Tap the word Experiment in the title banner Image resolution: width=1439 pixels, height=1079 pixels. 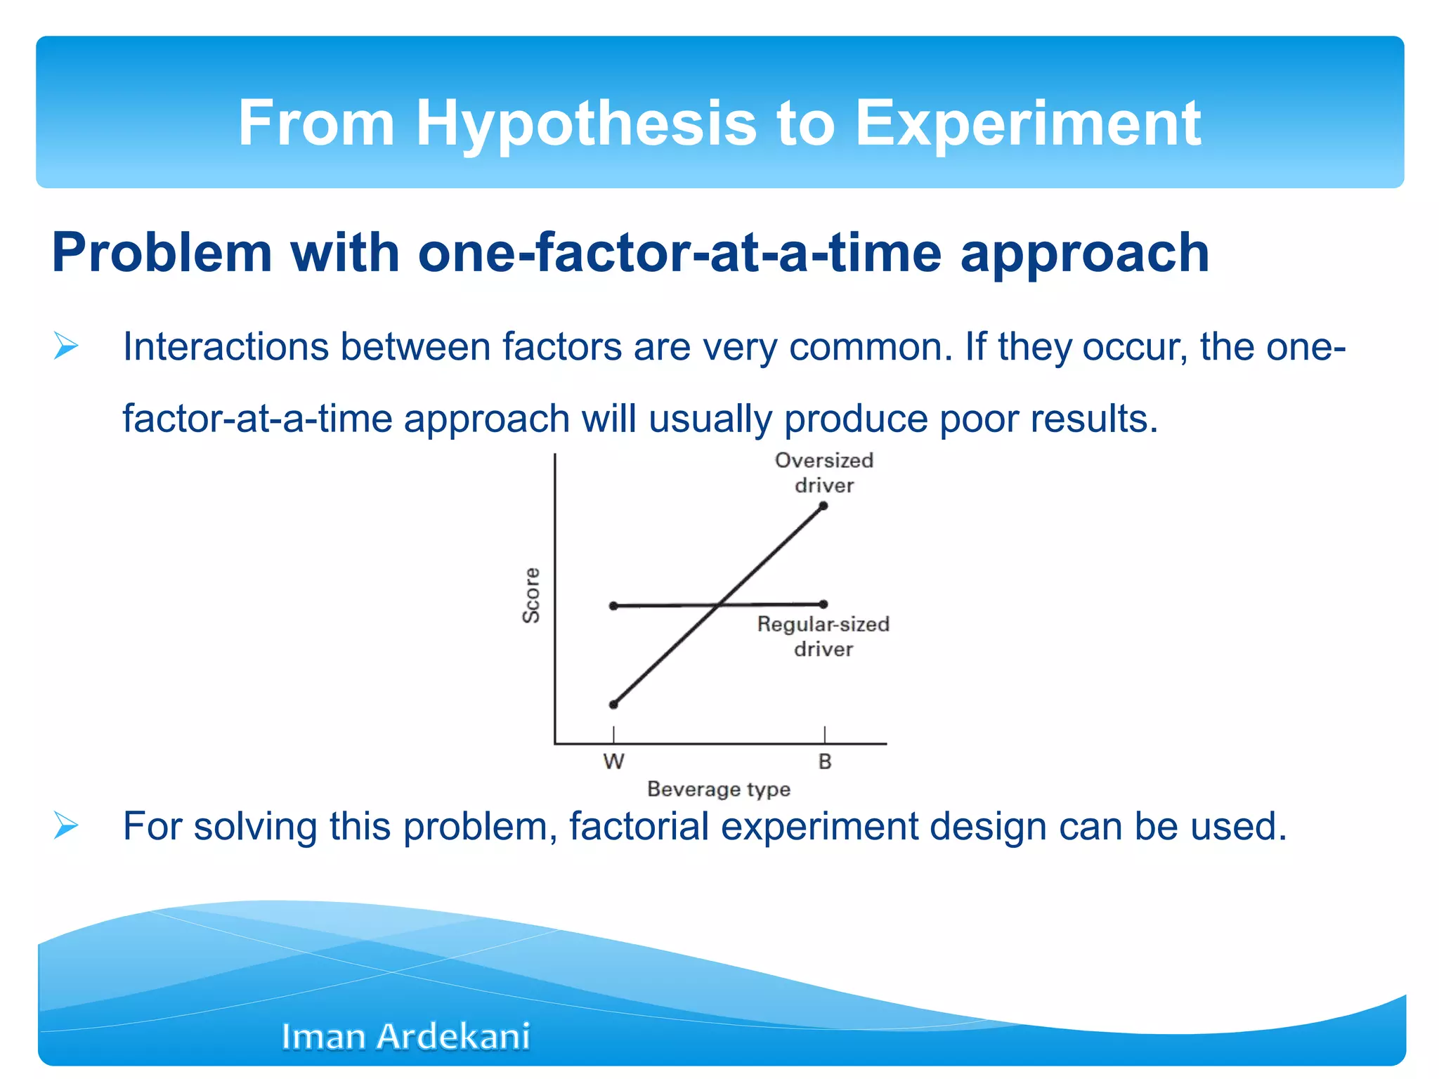pyautogui.click(x=1027, y=124)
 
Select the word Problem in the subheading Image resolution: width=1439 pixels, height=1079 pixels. pyautogui.click(x=162, y=253)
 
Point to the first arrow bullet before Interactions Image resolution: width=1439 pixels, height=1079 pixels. pyautogui.click(x=66, y=346)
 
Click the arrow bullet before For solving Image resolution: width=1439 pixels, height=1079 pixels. pyautogui.click(x=66, y=825)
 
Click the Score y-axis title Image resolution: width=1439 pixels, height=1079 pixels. pyautogui.click(x=532, y=595)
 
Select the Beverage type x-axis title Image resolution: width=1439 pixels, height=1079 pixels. pyautogui.click(x=718, y=789)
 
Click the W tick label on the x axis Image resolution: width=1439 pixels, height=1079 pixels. pyautogui.click(x=613, y=761)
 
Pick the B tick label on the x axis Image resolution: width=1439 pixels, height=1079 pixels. pyautogui.click(x=825, y=761)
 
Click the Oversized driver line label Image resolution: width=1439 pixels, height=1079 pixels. pyautogui.click(x=824, y=473)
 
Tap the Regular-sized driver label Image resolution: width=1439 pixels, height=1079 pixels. pyautogui.click(x=823, y=636)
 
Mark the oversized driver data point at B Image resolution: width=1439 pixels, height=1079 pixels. pyautogui.click(x=823, y=506)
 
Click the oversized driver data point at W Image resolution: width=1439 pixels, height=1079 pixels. pyautogui.click(x=613, y=705)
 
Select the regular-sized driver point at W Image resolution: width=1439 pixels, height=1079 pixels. pyautogui.click(x=613, y=606)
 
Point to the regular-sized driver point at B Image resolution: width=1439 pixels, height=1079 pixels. pyautogui.click(x=823, y=604)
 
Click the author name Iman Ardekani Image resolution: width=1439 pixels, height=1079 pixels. pyautogui.click(x=405, y=1036)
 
